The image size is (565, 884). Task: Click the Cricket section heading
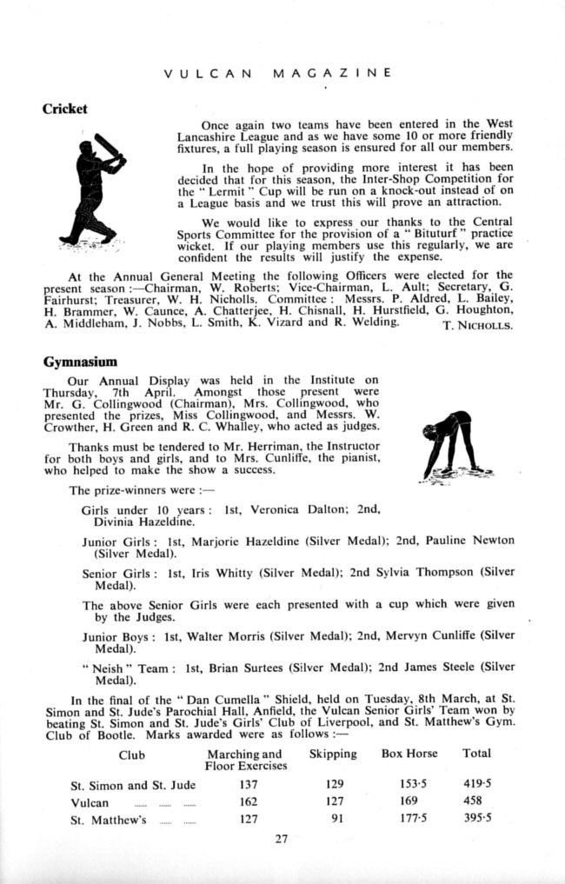[x=65, y=110]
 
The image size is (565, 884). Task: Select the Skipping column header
[x=332, y=754]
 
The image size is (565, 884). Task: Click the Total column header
[x=476, y=754]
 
